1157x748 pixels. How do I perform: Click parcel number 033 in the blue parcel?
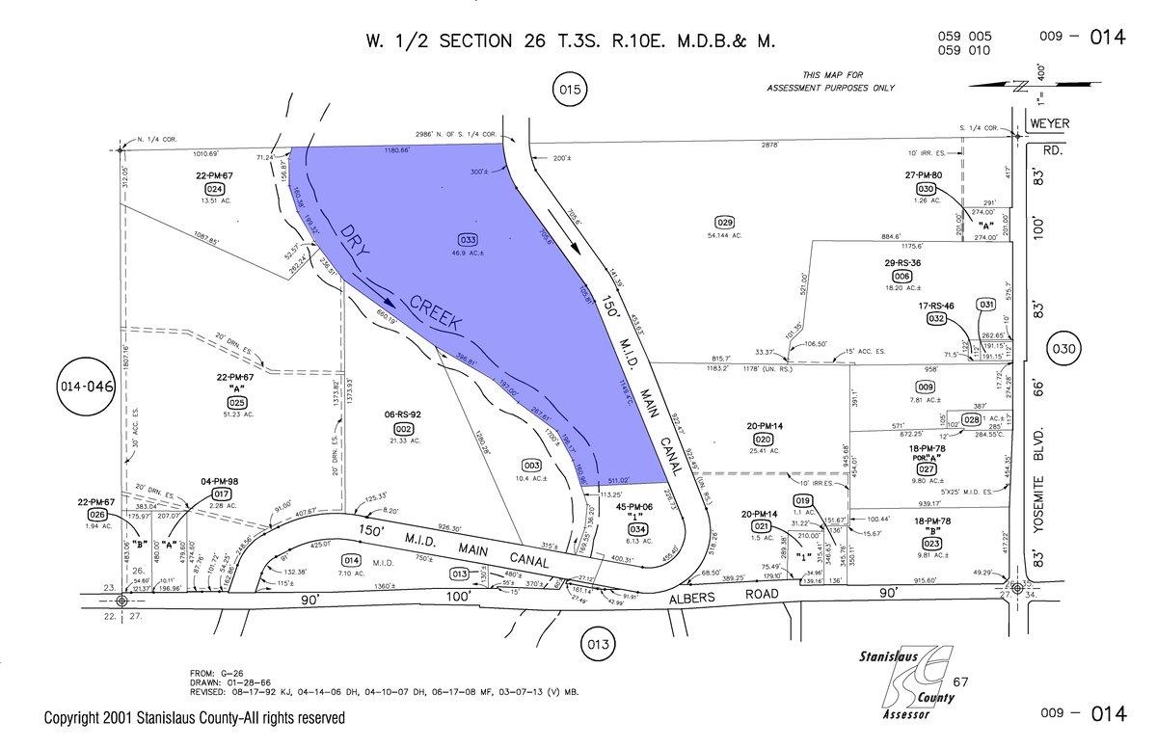(x=467, y=238)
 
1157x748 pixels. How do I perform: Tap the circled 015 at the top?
(x=570, y=92)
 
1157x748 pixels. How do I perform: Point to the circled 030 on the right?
(x=1063, y=349)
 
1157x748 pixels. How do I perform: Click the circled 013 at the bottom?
(x=599, y=643)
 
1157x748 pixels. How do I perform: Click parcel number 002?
(x=403, y=429)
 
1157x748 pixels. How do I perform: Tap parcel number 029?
(x=725, y=222)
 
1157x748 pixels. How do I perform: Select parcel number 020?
(x=763, y=439)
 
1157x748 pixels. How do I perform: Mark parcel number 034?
(x=637, y=528)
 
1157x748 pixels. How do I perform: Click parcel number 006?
(x=902, y=275)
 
